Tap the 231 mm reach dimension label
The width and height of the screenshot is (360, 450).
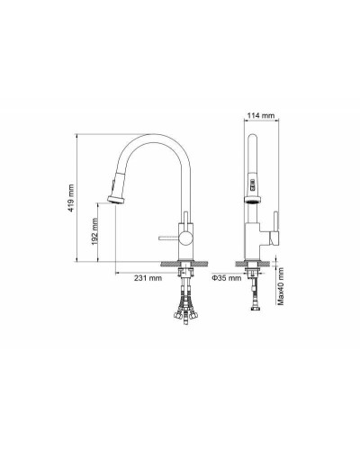point(148,277)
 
